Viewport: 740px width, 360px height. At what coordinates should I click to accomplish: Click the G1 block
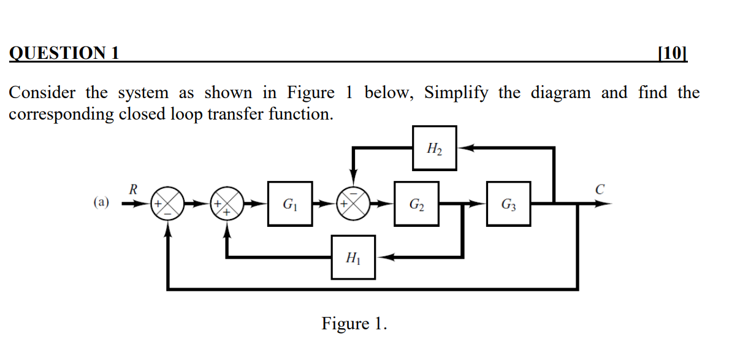291,204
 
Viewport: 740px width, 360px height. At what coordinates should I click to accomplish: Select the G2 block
416,204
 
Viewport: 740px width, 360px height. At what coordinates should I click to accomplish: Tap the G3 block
509,204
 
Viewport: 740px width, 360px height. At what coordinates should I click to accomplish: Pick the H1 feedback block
354,258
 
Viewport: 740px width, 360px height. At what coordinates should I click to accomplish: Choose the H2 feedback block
434,148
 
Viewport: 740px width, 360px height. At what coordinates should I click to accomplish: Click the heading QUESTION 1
64,53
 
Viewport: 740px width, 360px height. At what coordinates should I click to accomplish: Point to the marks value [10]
672,53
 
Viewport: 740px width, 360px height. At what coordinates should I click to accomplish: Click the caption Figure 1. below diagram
354,323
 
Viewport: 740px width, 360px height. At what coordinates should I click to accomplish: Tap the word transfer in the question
239,114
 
